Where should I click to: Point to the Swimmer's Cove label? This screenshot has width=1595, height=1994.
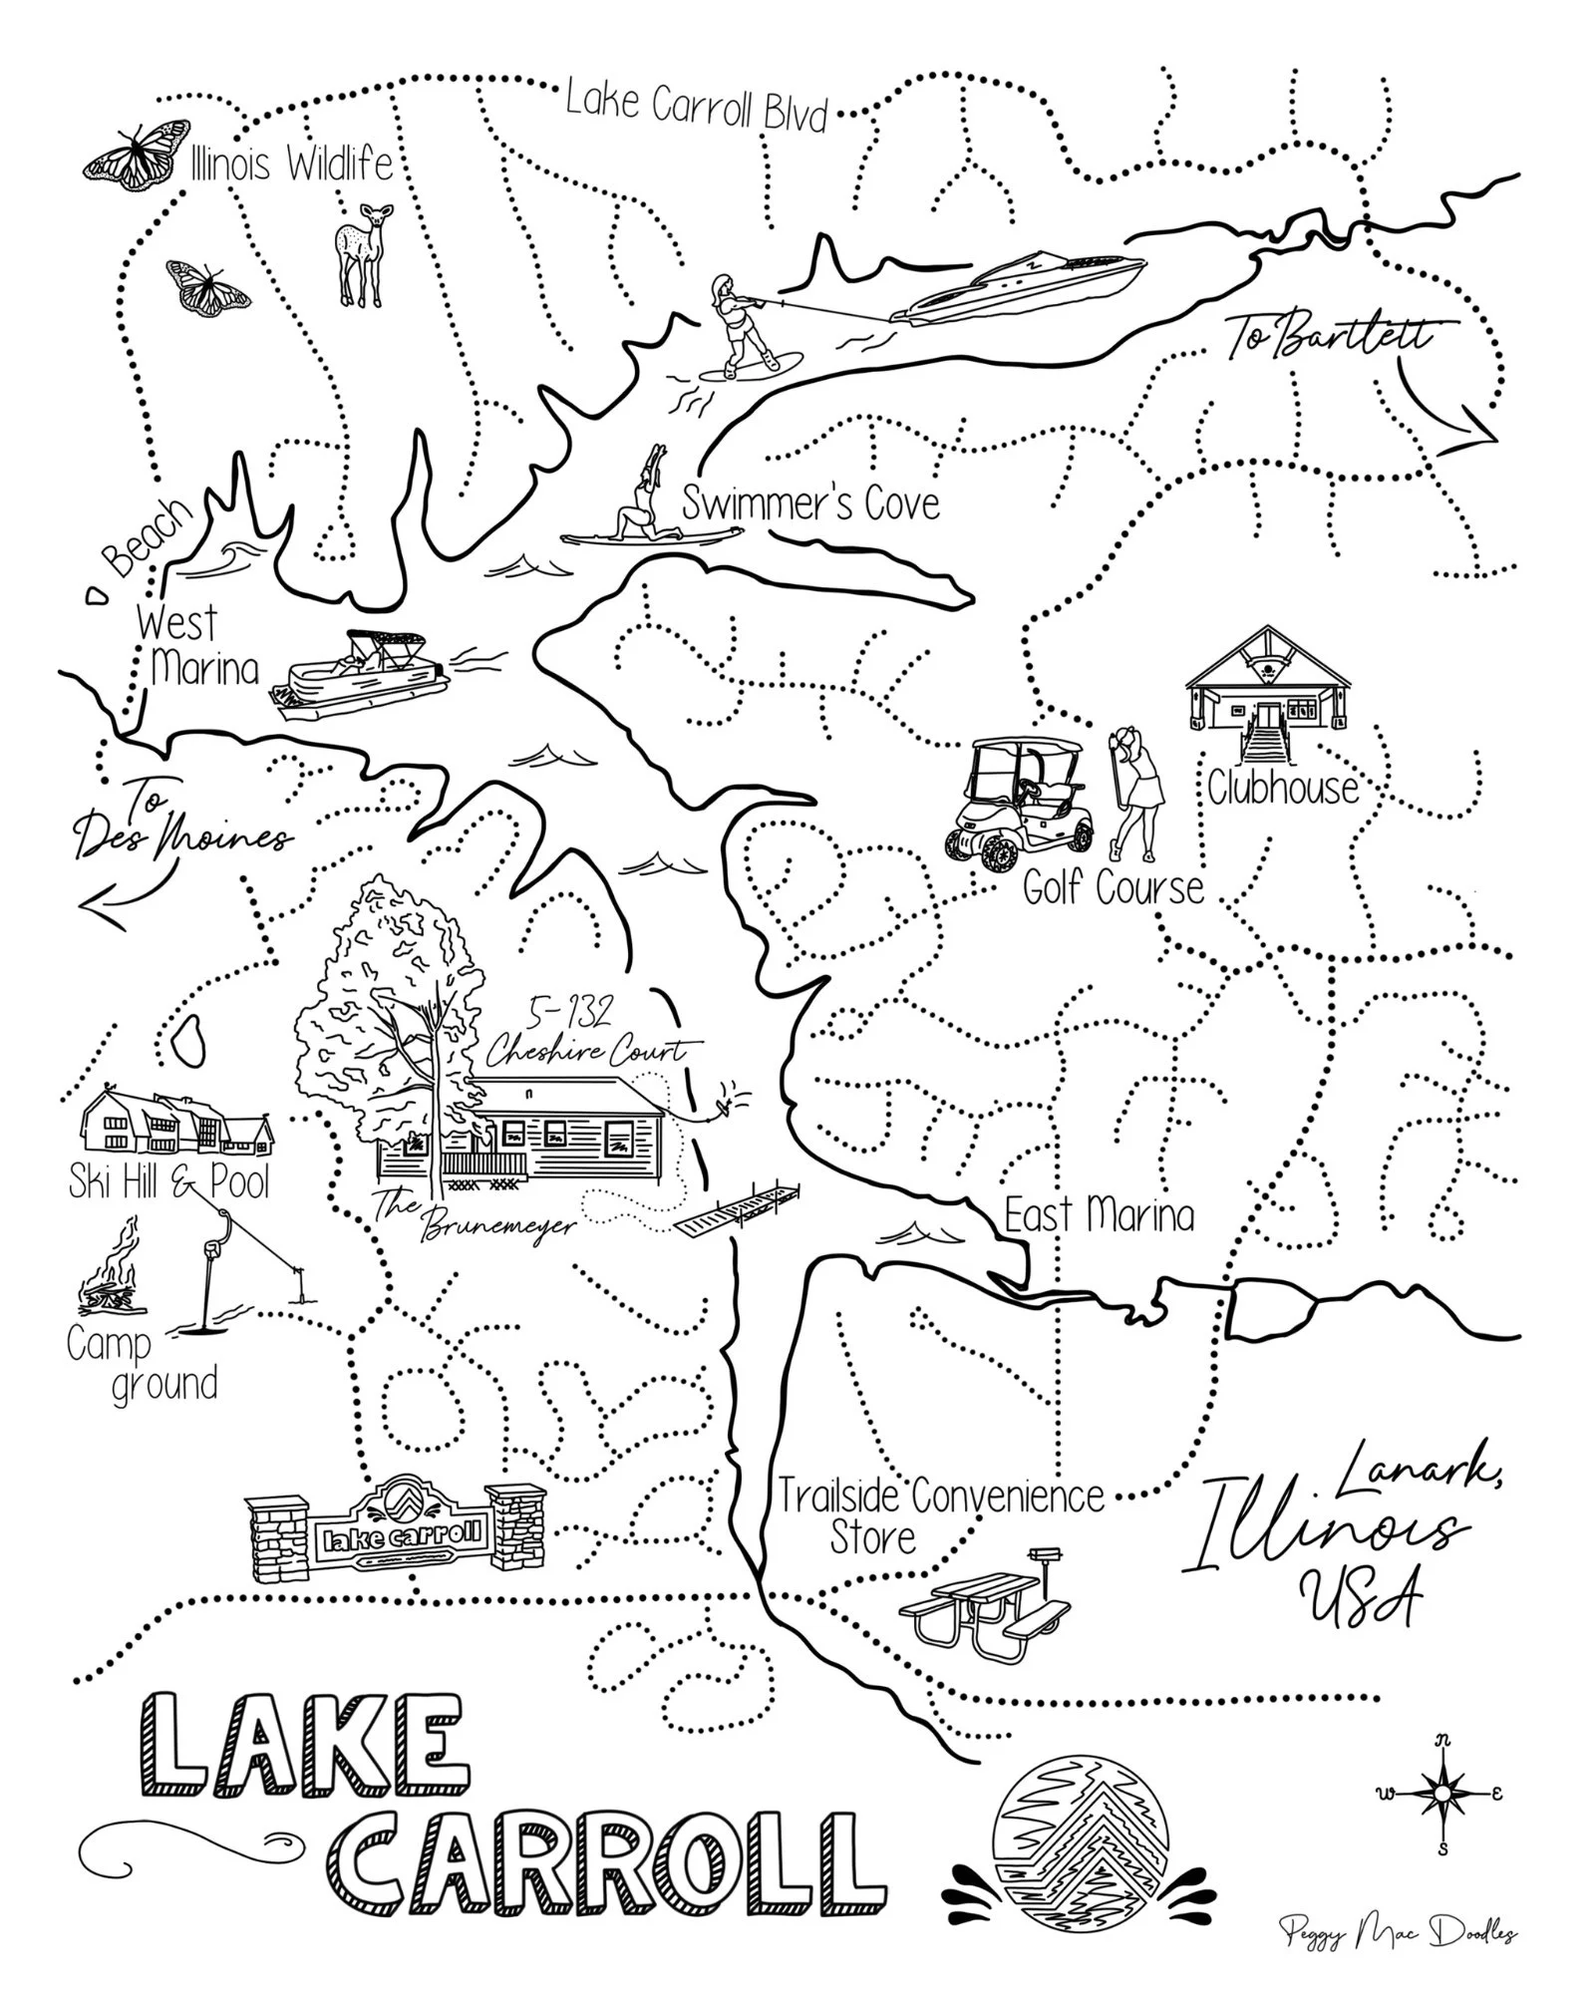(x=810, y=503)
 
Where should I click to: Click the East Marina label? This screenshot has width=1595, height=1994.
(x=1099, y=1216)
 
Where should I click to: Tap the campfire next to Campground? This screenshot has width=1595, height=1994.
(x=110, y=1271)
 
